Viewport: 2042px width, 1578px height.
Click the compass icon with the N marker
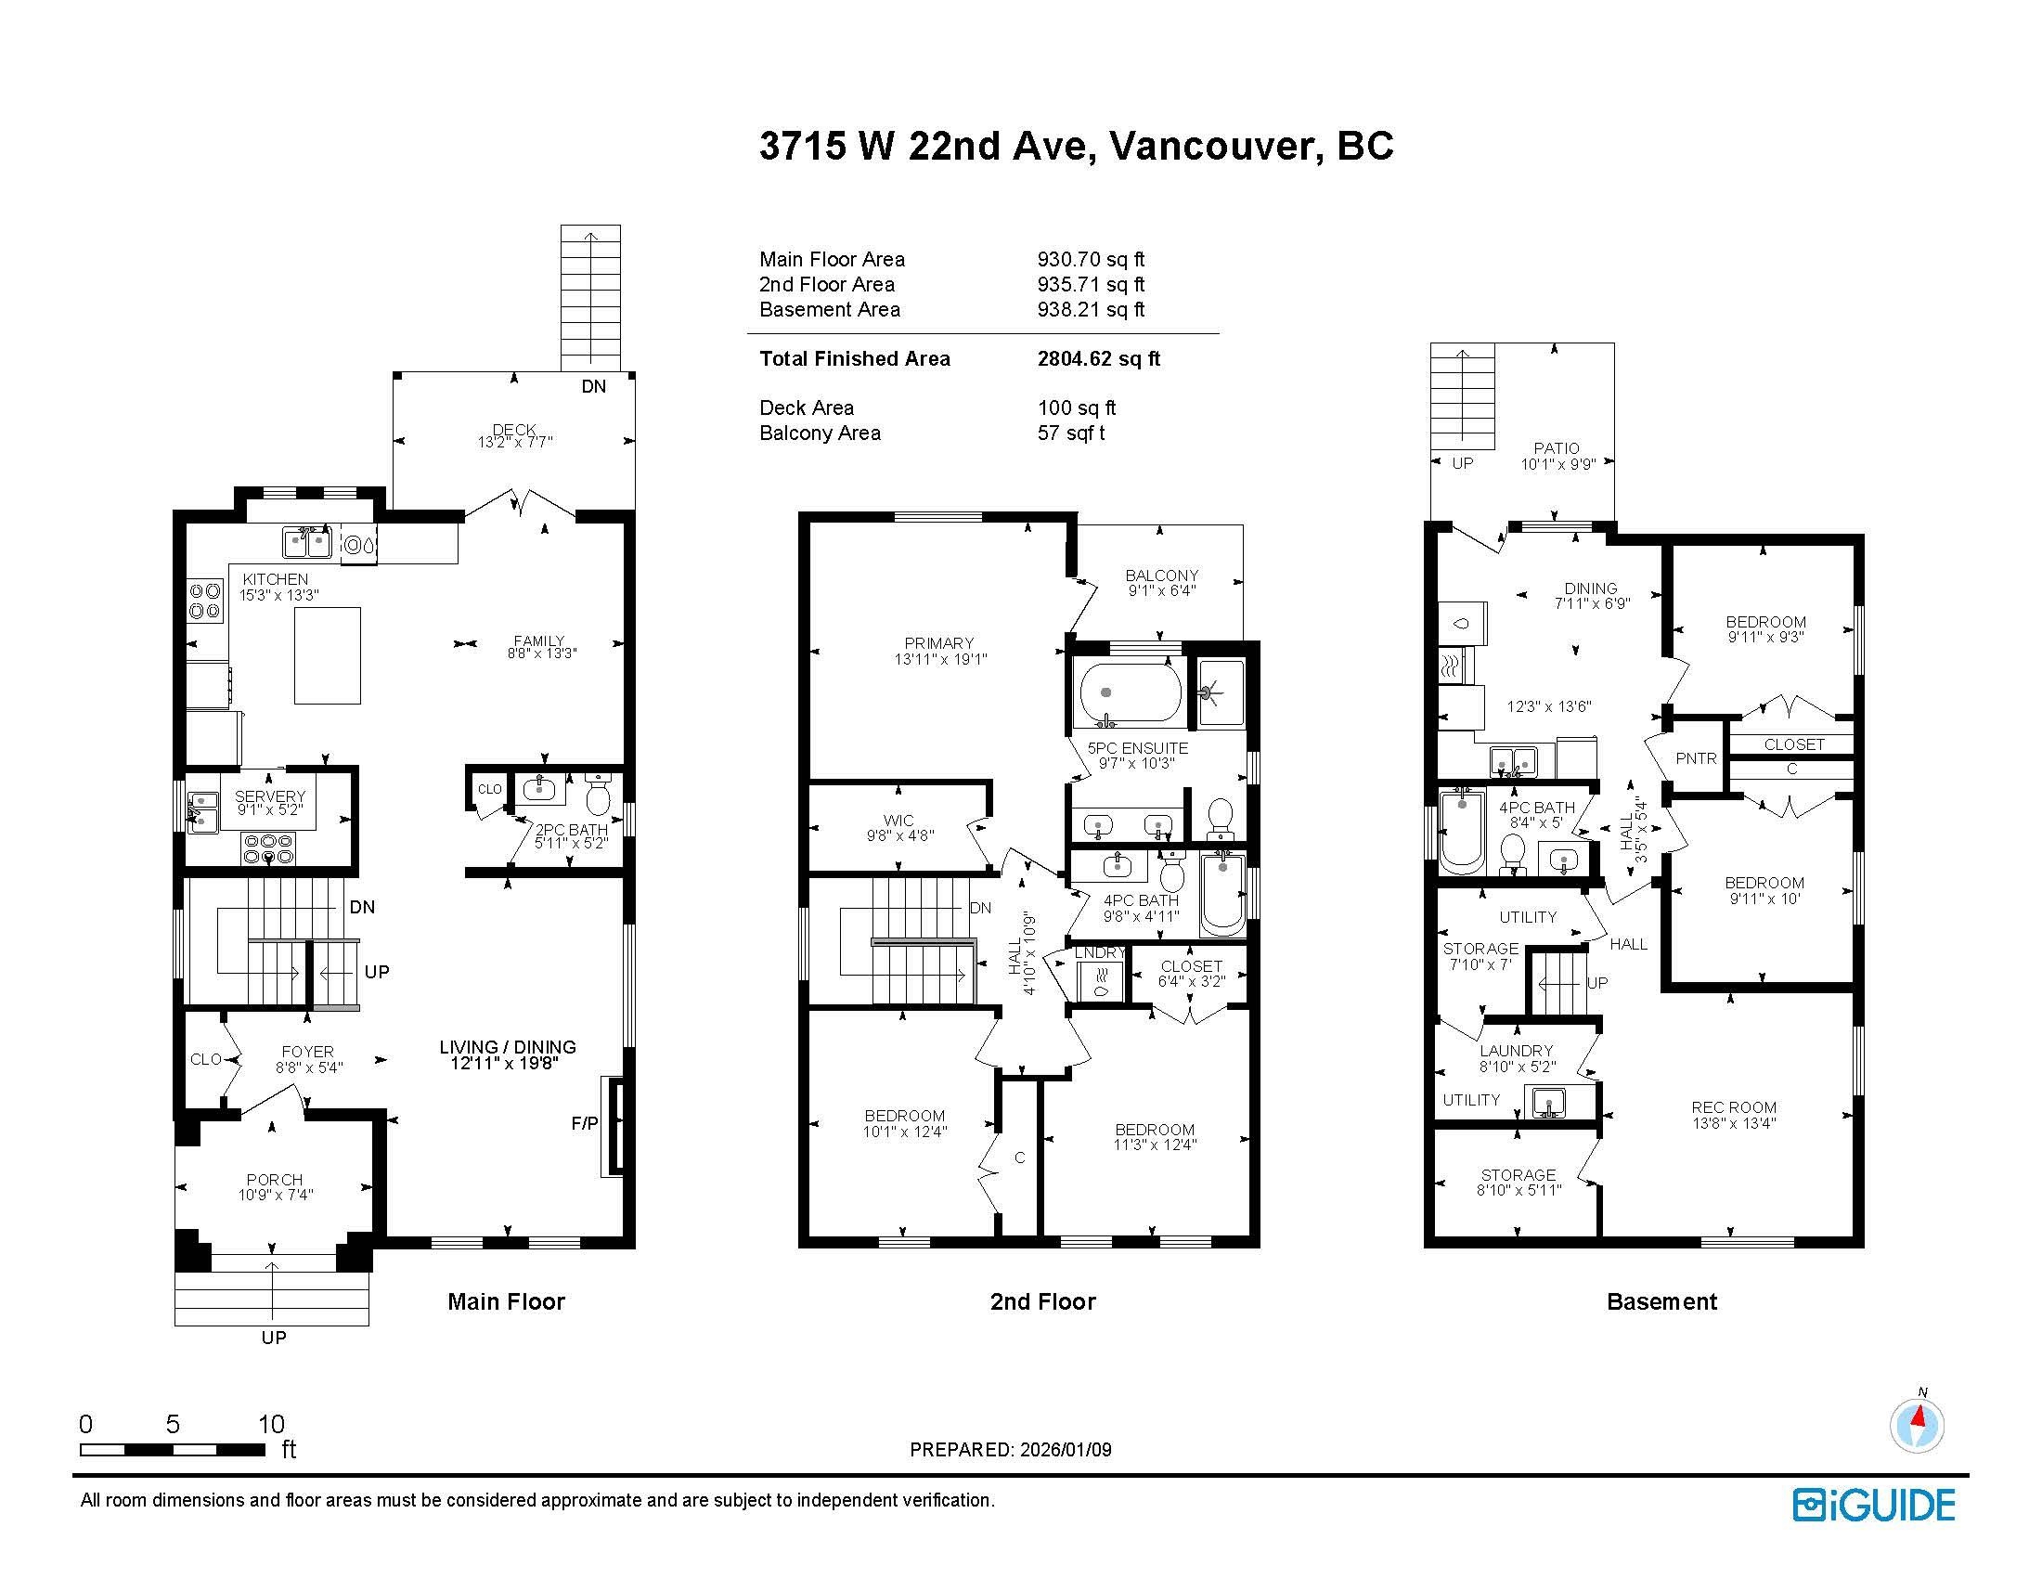click(1917, 1427)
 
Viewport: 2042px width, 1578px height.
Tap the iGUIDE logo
click(1874, 1505)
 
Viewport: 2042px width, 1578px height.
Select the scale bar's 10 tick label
click(271, 1424)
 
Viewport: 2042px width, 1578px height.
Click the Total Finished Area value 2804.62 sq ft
click(1099, 358)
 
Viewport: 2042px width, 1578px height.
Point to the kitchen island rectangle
click(328, 655)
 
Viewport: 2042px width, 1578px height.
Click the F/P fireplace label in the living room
click(585, 1124)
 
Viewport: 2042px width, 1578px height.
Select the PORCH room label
click(275, 1180)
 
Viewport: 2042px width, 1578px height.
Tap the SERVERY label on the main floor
click(270, 796)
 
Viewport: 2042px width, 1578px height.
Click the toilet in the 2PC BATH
click(598, 795)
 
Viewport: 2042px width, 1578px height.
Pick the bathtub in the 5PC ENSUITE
click(1131, 692)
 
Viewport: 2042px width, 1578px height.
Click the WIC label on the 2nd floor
click(898, 821)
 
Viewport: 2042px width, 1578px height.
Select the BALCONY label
click(1162, 576)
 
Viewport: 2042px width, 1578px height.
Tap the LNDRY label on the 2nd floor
click(1100, 952)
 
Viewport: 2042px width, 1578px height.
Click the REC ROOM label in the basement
click(1734, 1107)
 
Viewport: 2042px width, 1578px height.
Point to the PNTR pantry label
click(1696, 759)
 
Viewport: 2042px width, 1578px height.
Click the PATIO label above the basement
click(1557, 448)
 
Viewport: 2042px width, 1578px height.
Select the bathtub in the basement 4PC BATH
click(1460, 830)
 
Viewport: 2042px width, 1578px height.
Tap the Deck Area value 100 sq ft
click(1077, 407)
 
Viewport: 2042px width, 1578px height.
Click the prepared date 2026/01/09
click(1065, 1450)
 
